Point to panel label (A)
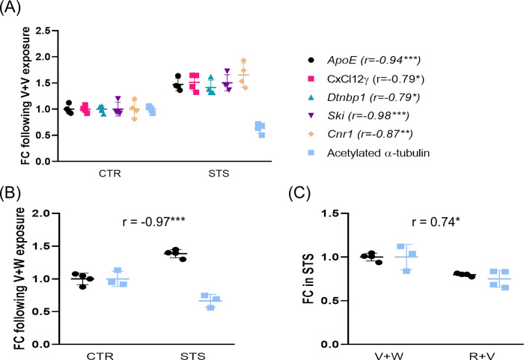pyautogui.click(x=13, y=10)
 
